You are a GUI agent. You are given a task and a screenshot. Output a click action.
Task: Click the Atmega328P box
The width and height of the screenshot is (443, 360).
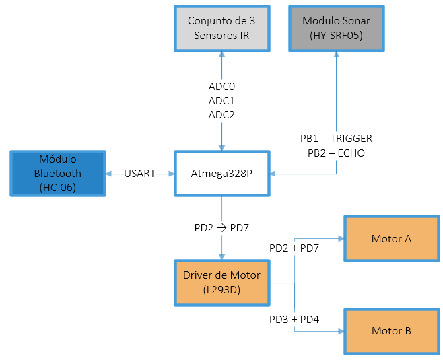[222, 174]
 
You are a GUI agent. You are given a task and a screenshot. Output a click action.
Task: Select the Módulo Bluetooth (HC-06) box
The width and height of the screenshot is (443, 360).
[57, 174]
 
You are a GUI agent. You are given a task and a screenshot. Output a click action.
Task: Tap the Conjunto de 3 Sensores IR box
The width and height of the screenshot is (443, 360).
[221, 28]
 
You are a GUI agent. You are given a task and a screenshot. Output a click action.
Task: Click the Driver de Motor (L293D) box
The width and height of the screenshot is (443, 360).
[222, 282]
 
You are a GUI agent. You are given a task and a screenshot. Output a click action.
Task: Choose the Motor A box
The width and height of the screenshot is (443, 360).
[391, 239]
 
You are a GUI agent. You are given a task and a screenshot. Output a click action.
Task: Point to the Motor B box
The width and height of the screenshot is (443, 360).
[391, 331]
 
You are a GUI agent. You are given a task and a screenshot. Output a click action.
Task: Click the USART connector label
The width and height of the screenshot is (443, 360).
[139, 174]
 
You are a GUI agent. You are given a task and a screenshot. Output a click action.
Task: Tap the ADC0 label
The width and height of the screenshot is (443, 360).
[221, 87]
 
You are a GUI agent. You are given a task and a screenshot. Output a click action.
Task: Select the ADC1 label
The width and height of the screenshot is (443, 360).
[221, 101]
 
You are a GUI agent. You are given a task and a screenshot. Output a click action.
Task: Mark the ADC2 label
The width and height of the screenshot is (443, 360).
[221, 115]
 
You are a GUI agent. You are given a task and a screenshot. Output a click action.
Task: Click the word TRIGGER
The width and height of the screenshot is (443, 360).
[351, 139]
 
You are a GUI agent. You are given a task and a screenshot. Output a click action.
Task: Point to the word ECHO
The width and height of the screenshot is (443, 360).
[351, 153]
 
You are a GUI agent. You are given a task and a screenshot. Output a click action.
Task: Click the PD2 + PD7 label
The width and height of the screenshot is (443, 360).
[294, 248]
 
